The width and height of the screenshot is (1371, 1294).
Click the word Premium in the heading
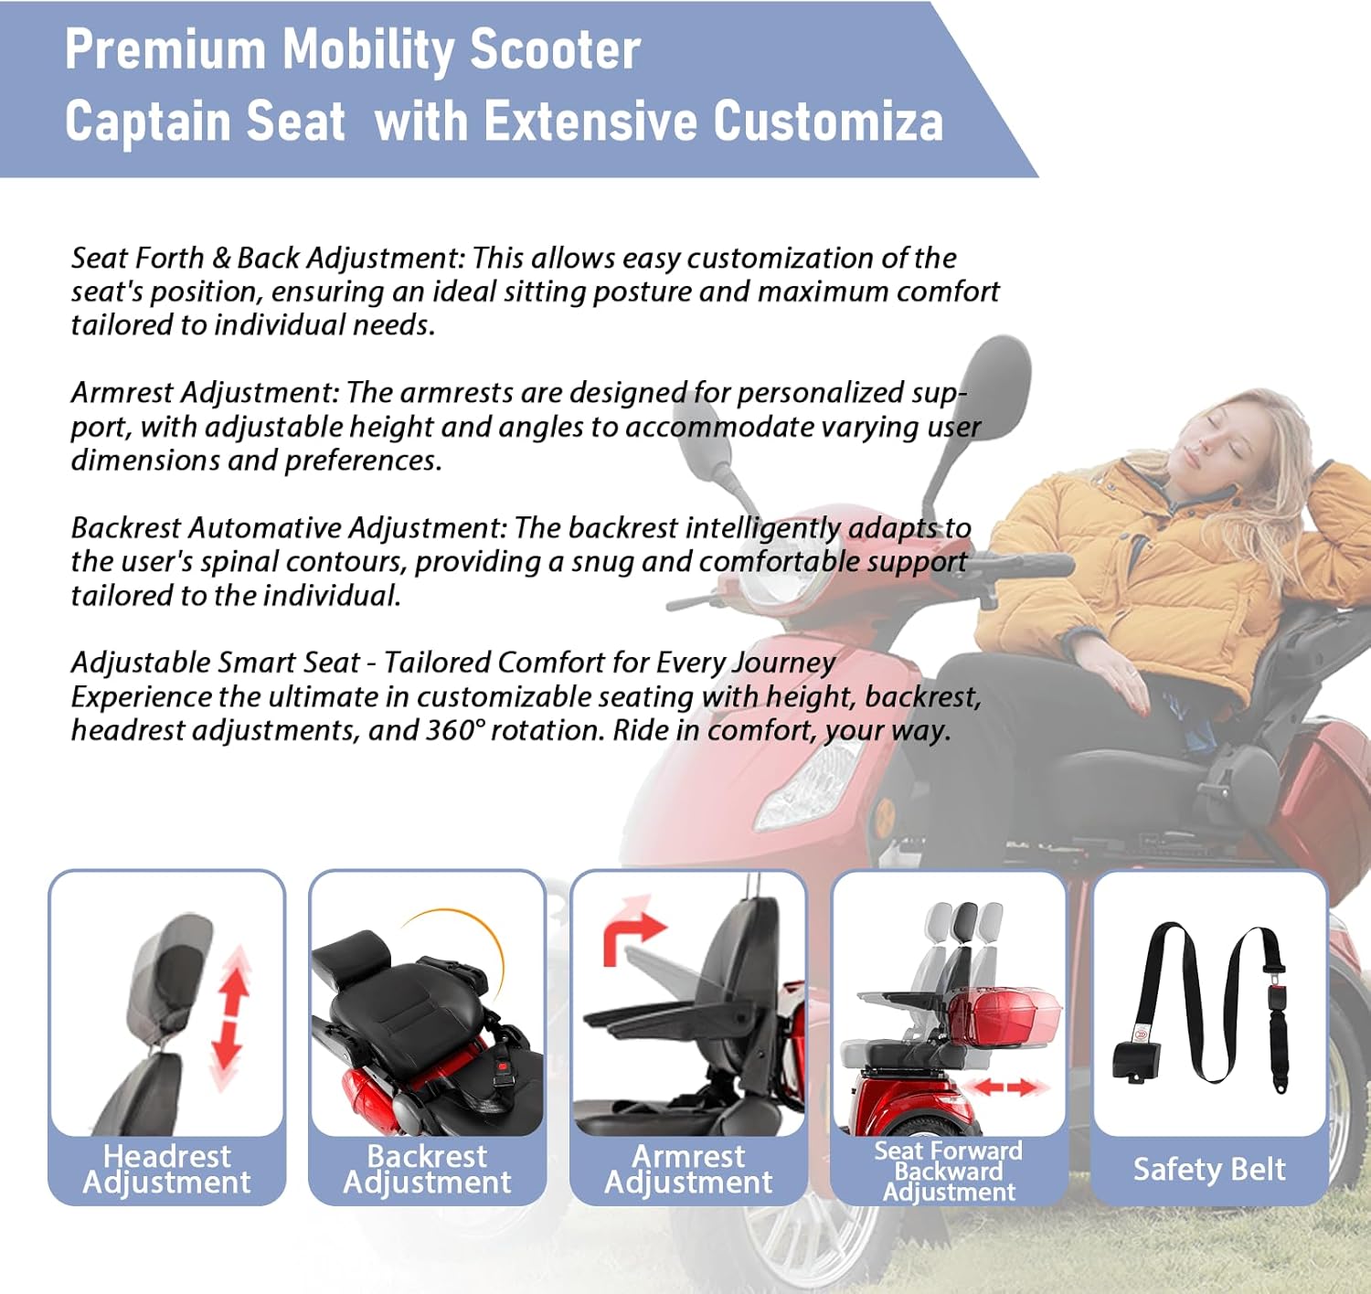pyautogui.click(x=165, y=50)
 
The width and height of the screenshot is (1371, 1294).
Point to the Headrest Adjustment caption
pyautogui.click(x=166, y=1169)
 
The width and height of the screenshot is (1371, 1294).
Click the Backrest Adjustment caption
pyautogui.click(x=427, y=1169)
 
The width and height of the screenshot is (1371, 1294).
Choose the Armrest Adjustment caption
pyautogui.click(x=688, y=1169)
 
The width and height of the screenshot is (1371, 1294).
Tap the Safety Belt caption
pyautogui.click(x=1209, y=1169)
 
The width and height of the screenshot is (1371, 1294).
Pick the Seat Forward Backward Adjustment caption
pyautogui.click(x=949, y=1171)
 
